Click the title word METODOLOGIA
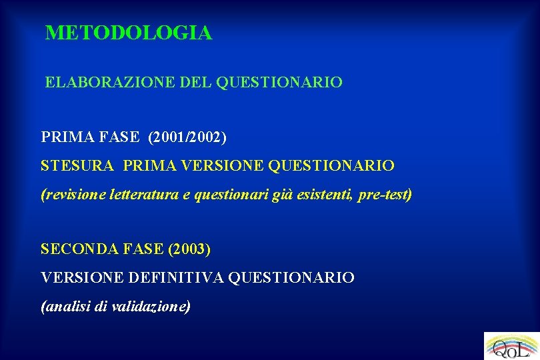[x=129, y=33]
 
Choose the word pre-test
[x=385, y=195]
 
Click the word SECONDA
[x=75, y=249]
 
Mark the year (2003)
[x=190, y=249]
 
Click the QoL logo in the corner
[x=511, y=346]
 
